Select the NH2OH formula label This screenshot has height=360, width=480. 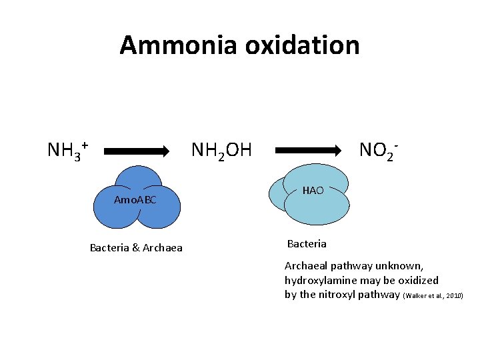221,150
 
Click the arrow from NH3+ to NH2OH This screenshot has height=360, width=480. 137,151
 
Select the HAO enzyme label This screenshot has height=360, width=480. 313,191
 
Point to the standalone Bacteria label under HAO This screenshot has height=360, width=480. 307,243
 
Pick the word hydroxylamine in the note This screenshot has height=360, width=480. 319,280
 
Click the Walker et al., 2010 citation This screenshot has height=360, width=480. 433,295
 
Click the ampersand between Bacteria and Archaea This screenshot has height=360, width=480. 136,249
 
